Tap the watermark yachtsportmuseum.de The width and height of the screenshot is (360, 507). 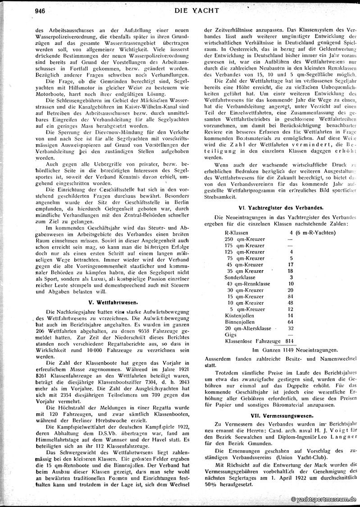point(324,500)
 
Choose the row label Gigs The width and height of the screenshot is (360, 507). point(231,335)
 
